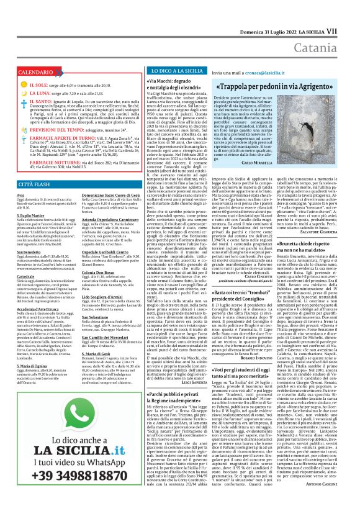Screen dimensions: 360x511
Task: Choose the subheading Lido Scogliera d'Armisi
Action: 96,298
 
